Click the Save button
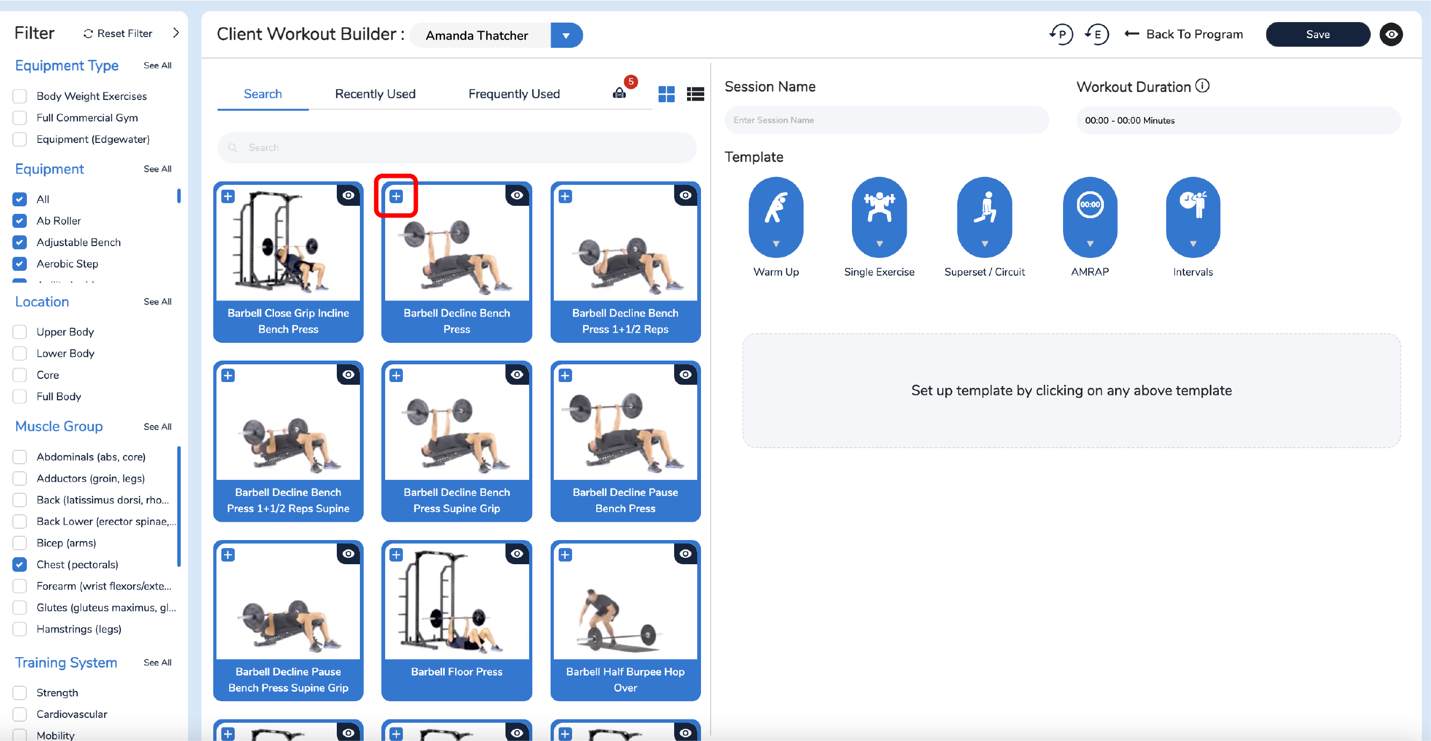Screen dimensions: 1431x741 coord(1317,34)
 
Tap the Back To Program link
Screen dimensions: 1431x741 coord(1183,34)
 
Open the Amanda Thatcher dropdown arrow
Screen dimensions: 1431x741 coord(566,35)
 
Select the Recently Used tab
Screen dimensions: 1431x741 coord(375,94)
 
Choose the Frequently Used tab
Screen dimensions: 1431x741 coord(514,94)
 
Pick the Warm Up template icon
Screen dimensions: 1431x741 coord(776,217)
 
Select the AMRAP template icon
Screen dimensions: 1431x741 coord(1089,217)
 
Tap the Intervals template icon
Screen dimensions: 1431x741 coord(1192,217)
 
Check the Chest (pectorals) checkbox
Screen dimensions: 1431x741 coord(19,565)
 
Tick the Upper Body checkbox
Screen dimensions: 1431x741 coord(19,332)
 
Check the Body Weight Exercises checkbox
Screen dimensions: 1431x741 coord(19,96)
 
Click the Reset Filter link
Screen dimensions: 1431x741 coord(118,33)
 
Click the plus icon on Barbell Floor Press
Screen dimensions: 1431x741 coord(396,555)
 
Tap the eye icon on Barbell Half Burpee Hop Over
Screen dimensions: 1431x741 coord(685,553)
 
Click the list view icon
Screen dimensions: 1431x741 coord(695,94)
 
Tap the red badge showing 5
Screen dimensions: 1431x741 coord(631,82)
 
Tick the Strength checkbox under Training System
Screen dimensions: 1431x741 coord(19,693)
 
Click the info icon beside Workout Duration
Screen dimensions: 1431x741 coord(1202,86)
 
